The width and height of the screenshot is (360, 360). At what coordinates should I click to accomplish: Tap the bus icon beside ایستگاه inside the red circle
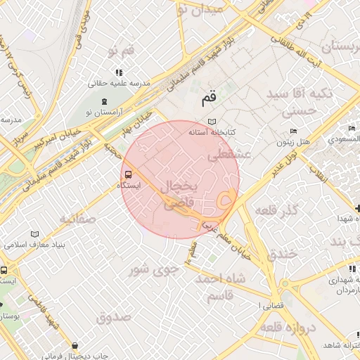(x=127, y=174)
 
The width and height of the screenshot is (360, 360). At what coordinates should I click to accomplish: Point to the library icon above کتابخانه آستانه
(x=212, y=122)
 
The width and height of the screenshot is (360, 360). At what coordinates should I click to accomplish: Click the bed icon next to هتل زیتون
(x=294, y=131)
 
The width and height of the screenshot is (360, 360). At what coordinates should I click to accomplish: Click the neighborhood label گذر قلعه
(x=279, y=210)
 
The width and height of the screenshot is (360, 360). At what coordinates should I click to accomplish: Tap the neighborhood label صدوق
(x=113, y=316)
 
